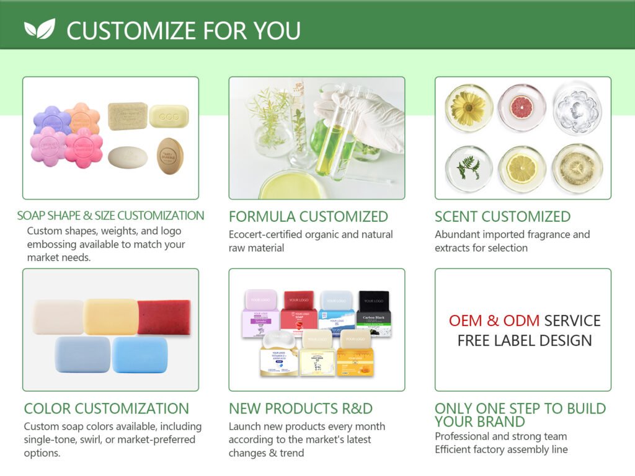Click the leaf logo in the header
point(40,29)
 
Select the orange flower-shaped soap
point(82,117)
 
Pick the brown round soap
point(170,155)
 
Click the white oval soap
point(128,157)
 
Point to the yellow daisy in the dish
point(468,107)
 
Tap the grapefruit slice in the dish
point(522,107)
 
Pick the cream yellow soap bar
point(111,317)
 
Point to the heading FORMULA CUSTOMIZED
point(308,216)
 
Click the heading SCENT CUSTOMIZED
point(502,216)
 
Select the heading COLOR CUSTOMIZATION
point(106,408)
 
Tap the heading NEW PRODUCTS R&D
point(301,408)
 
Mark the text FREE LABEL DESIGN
point(525,340)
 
